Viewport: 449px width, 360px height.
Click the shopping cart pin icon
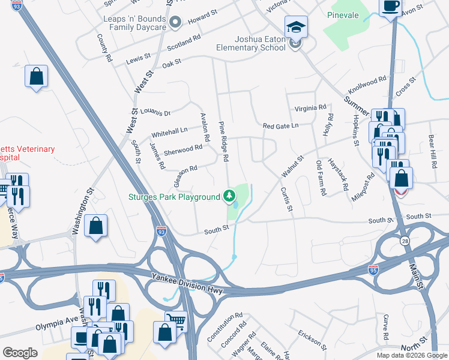[175, 320]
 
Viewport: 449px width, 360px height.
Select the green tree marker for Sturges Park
[229, 196]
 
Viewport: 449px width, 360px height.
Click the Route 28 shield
[405, 239]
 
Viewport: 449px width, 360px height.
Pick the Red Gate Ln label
[280, 126]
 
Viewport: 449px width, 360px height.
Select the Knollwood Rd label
[367, 85]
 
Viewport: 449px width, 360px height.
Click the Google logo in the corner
[20, 353]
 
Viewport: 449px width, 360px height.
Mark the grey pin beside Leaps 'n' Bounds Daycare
[175, 23]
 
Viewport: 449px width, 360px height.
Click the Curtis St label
[286, 199]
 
